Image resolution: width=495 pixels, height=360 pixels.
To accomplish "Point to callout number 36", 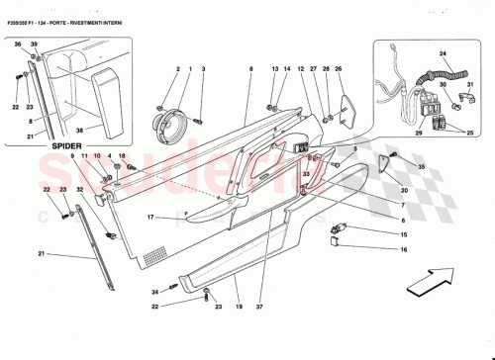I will click(x=17, y=45).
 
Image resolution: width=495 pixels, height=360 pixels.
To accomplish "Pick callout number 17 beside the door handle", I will click(x=151, y=217).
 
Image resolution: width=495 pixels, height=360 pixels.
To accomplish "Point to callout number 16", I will click(x=404, y=250).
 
